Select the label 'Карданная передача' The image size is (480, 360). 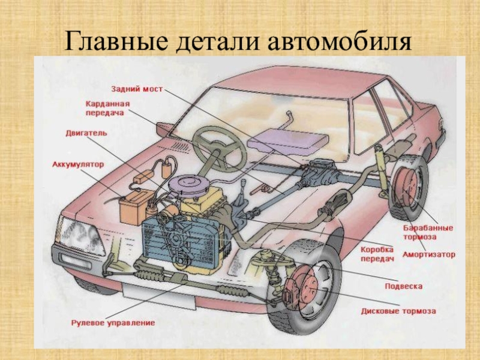coord(107,108)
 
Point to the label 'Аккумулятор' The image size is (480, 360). coord(79,164)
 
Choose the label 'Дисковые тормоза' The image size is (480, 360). coord(398,311)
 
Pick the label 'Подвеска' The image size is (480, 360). coord(403,286)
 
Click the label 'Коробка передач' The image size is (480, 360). coord(377,254)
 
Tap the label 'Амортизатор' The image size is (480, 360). coord(429,254)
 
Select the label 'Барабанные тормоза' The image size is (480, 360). coord(428,232)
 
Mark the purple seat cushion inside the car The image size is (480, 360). coord(288,139)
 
